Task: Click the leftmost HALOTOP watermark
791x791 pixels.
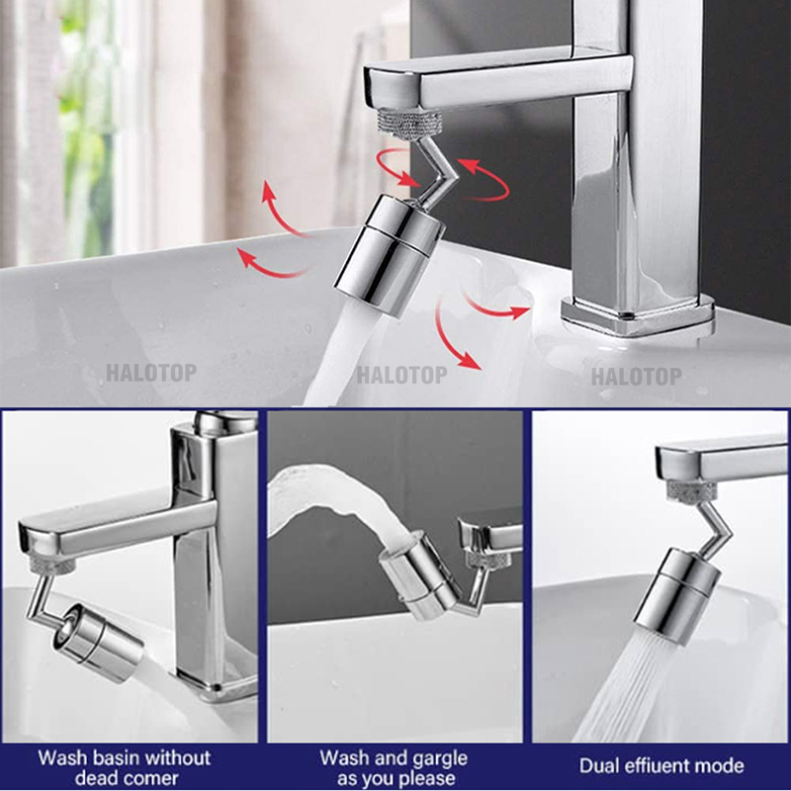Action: click(x=152, y=374)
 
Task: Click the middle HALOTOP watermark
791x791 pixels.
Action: click(x=401, y=375)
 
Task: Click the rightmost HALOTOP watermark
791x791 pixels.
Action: click(x=636, y=377)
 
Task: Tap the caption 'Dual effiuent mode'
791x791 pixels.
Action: click(x=661, y=766)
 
